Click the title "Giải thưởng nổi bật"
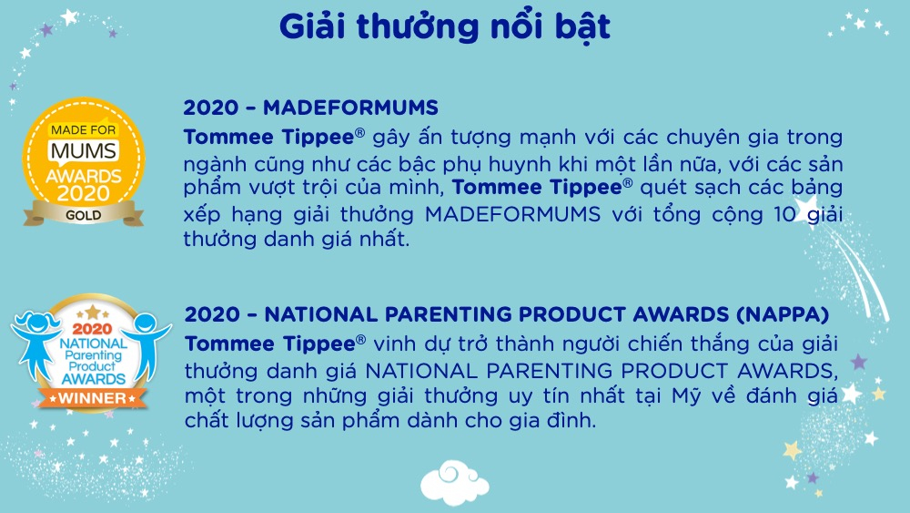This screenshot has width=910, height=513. [x=445, y=27]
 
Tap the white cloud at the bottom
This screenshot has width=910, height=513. [x=454, y=482]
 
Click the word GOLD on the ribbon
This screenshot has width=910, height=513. [x=83, y=216]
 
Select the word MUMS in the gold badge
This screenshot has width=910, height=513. [x=84, y=151]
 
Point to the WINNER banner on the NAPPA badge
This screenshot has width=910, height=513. [x=93, y=398]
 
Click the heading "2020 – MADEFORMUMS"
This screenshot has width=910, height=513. [x=310, y=108]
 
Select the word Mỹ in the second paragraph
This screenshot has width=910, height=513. [x=686, y=396]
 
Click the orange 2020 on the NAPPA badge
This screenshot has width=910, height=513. [x=92, y=330]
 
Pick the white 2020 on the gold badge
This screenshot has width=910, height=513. [x=84, y=193]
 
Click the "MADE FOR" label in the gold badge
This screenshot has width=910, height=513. [x=83, y=130]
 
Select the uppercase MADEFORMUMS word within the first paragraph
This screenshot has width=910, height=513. [x=512, y=214]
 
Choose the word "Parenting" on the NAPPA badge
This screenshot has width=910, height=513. [x=93, y=355]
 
